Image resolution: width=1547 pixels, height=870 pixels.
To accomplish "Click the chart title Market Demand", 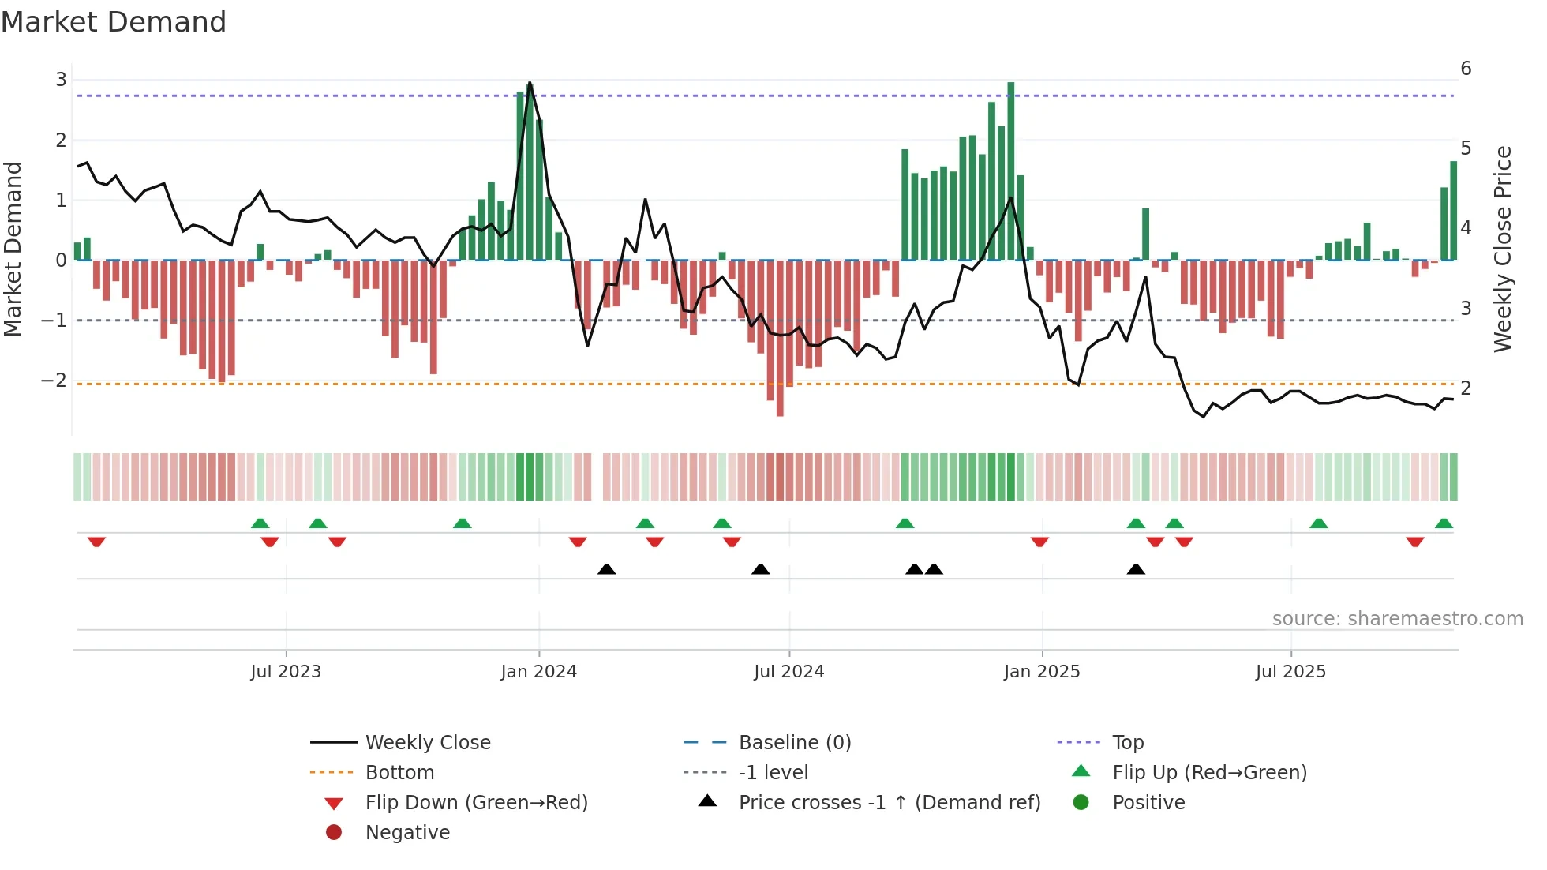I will [114, 22].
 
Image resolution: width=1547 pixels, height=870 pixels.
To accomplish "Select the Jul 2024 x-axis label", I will [788, 672].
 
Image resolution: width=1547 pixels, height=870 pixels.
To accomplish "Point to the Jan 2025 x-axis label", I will [1041, 672].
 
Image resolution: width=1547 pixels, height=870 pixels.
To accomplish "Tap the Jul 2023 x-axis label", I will [286, 672].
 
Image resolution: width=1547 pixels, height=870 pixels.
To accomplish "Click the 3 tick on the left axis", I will [61, 80].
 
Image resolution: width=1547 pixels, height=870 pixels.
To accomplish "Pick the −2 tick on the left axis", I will [54, 381].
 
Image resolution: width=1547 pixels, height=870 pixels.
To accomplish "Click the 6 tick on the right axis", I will [1466, 69].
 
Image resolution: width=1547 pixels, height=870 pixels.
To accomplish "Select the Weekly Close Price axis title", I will [1503, 249].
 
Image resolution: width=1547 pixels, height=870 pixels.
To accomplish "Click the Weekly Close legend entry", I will [427, 743].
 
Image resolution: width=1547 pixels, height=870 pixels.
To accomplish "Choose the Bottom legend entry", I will [399, 773].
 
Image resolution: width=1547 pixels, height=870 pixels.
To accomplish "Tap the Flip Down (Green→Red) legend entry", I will [476, 803].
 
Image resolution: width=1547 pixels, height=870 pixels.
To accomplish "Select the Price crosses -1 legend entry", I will [889, 803].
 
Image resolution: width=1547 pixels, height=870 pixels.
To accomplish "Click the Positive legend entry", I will [1148, 803].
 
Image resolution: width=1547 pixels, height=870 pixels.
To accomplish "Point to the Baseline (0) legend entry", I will [794, 743].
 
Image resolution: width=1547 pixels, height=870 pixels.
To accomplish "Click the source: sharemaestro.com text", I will [1397, 619].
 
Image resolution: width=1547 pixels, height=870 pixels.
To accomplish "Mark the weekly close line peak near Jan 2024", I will [530, 83].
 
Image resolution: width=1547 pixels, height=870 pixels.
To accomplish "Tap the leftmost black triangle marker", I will [606, 569].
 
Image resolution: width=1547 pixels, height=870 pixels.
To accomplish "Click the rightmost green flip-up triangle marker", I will [1444, 523].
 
